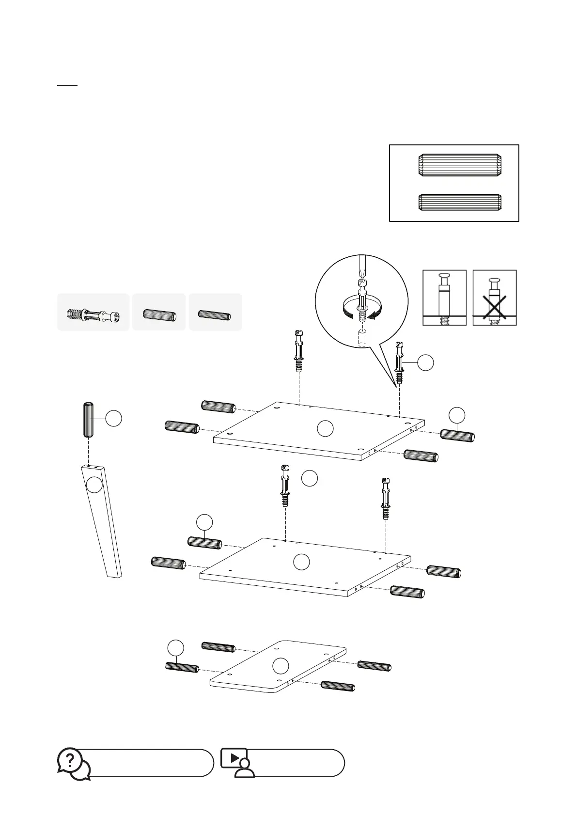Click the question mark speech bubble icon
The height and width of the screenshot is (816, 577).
point(73,763)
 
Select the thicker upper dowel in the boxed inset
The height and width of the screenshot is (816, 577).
point(459,165)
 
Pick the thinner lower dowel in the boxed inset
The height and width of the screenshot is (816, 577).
point(459,203)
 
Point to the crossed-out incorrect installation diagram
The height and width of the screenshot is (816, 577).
point(494,298)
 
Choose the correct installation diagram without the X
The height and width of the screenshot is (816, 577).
point(444,298)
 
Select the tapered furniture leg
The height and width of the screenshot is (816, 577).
point(101,521)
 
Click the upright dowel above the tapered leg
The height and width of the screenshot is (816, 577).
point(89,419)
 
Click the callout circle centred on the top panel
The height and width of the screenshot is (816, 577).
point(325,428)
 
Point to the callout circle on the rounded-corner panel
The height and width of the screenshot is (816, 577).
point(281,666)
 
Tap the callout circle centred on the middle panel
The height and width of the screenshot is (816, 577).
point(302,562)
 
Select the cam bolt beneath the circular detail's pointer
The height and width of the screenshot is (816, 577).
point(399,363)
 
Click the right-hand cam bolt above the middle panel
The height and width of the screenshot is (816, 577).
point(386,499)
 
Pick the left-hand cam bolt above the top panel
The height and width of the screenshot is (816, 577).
point(299,351)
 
